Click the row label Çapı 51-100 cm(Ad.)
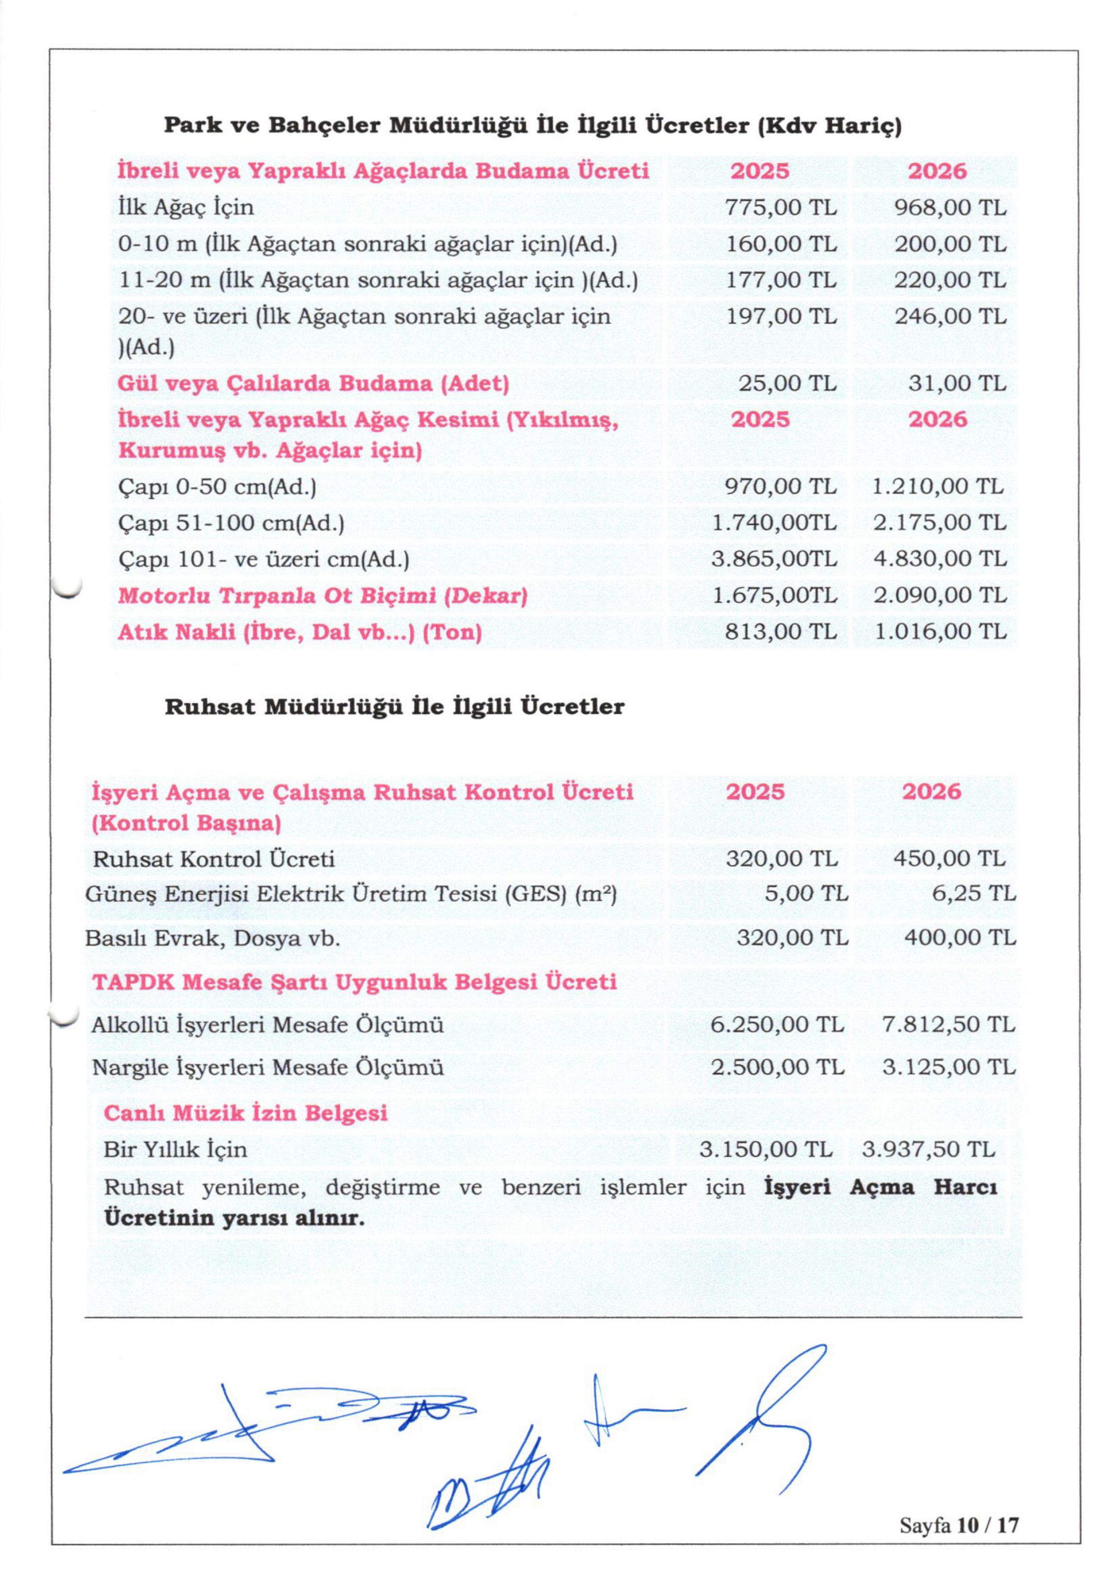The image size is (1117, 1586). [231, 523]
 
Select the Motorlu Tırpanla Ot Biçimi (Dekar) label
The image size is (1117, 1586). [322, 595]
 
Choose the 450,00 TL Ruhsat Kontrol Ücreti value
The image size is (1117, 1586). [949, 859]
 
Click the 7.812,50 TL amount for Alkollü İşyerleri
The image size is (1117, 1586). [948, 1024]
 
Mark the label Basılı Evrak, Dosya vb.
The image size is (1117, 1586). [213, 938]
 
